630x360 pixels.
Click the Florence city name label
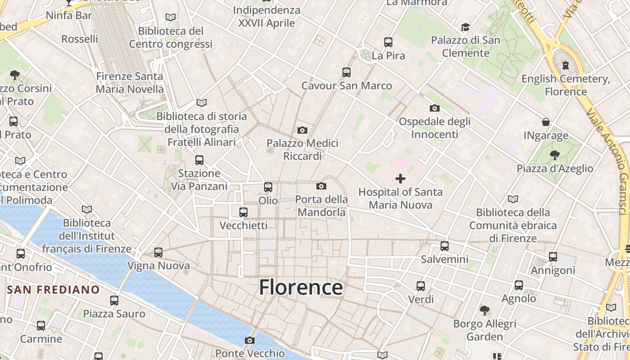(301, 287)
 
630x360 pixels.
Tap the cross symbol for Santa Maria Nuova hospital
(400, 179)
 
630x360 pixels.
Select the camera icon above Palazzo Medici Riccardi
(302, 130)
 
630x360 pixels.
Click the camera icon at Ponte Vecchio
(250, 340)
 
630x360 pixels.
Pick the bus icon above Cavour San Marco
(346, 72)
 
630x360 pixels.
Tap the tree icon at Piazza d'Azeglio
(554, 155)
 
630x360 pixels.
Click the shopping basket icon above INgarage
(546, 122)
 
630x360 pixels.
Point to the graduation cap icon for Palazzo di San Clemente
(465, 27)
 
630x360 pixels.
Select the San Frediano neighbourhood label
(53, 289)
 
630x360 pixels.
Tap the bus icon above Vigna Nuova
(158, 252)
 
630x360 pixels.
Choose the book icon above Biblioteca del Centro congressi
(171, 18)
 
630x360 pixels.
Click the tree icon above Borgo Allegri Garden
(484, 310)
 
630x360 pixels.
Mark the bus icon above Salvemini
(445, 246)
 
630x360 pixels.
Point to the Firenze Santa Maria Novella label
(130, 83)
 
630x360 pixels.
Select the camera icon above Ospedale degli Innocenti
(434, 108)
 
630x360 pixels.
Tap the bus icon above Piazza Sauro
(114, 300)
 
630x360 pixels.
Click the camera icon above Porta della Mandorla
(321, 186)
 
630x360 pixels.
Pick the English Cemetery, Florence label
(566, 85)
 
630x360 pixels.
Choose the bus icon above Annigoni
(553, 257)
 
